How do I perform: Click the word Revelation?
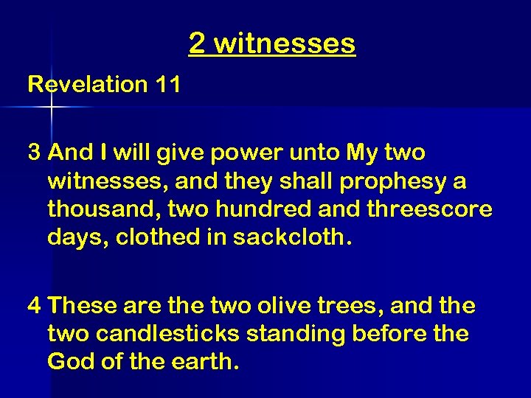88,84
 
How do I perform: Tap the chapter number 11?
167,84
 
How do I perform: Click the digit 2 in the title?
196,43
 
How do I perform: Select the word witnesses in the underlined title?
284,43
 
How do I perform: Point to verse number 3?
34,153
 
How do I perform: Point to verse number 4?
34,304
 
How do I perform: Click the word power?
237,153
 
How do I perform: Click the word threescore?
429,209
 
